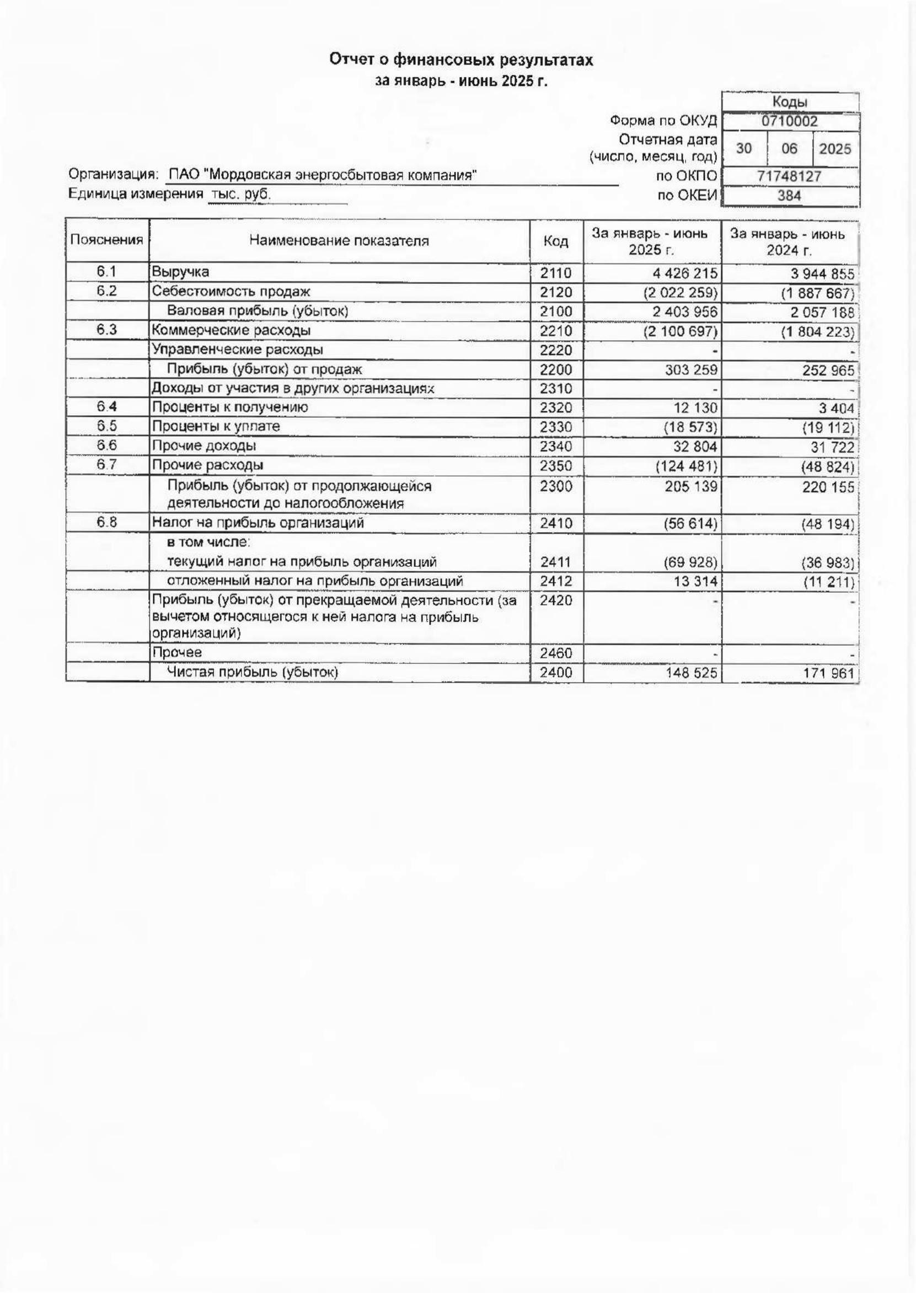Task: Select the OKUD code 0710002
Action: click(x=789, y=121)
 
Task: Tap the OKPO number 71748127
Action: click(x=789, y=176)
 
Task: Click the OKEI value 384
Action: click(x=789, y=196)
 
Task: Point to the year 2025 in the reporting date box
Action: click(x=835, y=149)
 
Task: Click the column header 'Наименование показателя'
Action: click(x=339, y=241)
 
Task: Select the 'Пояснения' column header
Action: click(x=106, y=240)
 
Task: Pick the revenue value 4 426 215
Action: click(x=685, y=273)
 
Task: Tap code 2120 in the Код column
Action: click(x=555, y=293)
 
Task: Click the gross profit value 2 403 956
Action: click(x=685, y=312)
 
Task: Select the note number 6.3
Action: click(x=106, y=330)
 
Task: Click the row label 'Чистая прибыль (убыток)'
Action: click(x=252, y=672)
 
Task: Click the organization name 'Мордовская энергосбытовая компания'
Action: click(x=341, y=175)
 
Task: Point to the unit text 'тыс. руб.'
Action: click(x=241, y=195)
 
